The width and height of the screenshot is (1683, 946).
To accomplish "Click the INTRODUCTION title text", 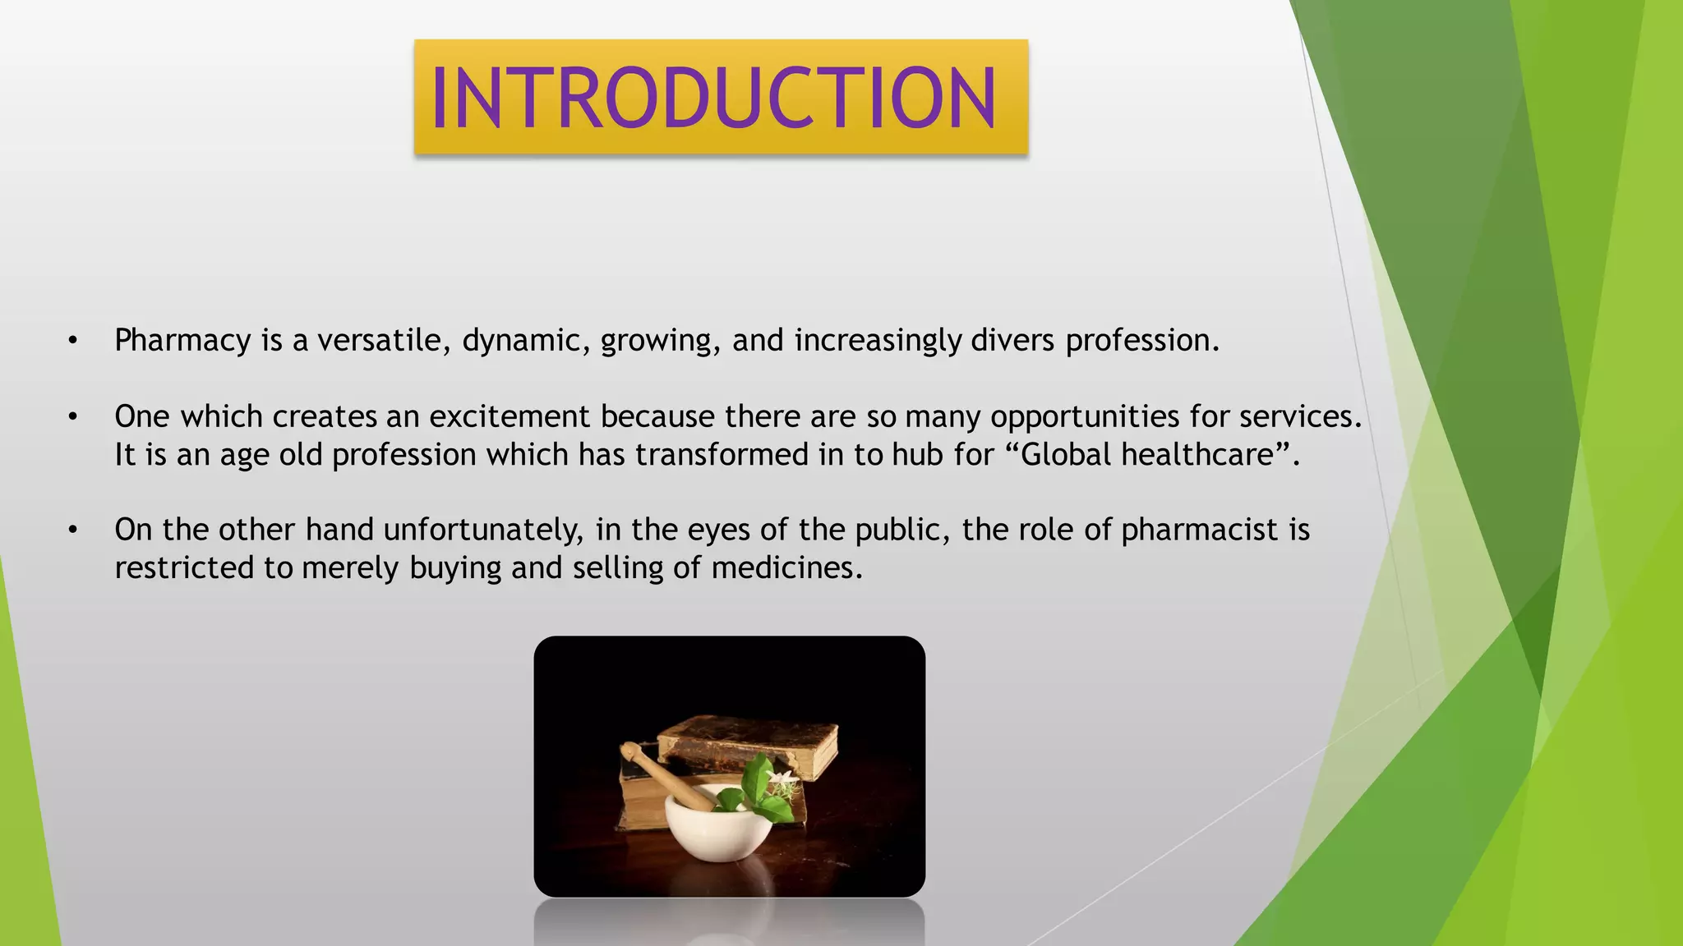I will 713,98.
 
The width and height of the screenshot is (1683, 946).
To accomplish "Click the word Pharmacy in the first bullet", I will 182,341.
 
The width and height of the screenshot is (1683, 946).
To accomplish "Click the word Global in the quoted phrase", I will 1066,455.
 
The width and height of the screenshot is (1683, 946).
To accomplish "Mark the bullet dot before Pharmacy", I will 73,341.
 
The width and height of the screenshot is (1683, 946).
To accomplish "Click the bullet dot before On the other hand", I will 73,530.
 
